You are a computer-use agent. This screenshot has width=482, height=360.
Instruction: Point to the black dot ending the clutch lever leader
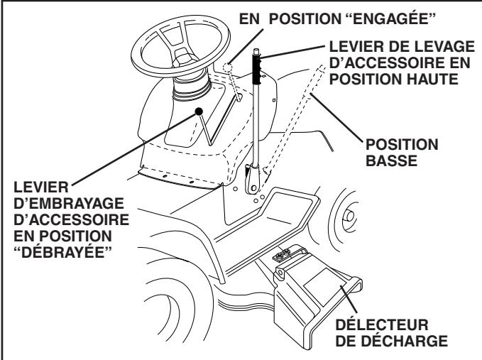point(202,111)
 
